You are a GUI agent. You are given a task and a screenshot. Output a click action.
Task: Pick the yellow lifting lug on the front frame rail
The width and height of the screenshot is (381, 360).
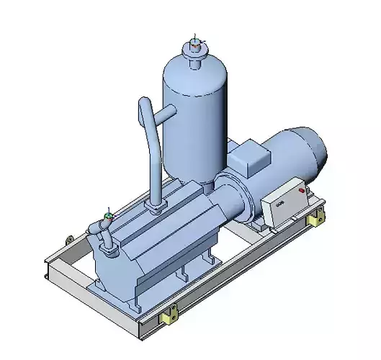tap(171, 314)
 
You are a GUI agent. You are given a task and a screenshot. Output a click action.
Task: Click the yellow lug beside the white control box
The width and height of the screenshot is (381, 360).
tap(313, 219)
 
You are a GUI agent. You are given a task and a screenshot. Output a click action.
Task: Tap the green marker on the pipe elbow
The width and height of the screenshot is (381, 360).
tap(109, 214)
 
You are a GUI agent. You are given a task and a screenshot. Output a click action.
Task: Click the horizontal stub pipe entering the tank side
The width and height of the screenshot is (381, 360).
tap(168, 112)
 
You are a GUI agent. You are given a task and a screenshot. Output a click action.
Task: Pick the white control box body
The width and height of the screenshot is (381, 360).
tap(284, 202)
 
